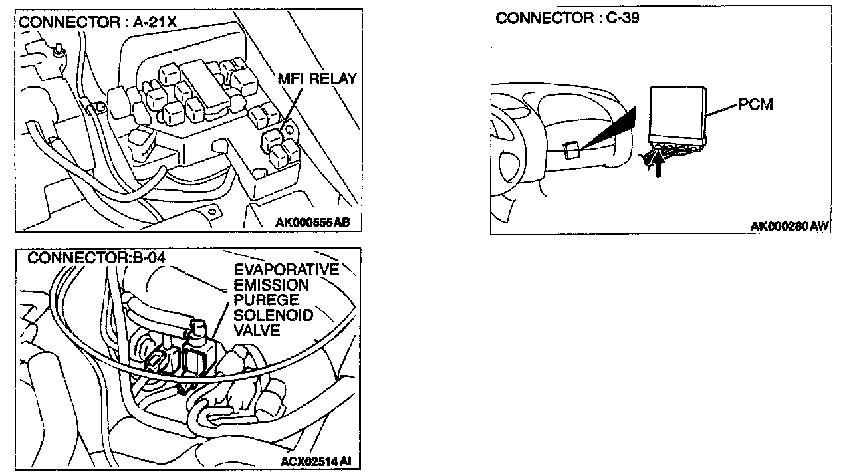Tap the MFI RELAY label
pyautogui.click(x=318, y=79)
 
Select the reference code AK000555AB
pyautogui.click(x=312, y=222)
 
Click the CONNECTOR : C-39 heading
pyautogui.click(x=567, y=19)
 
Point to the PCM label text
pyautogui.click(x=756, y=105)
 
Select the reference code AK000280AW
pyautogui.click(x=789, y=227)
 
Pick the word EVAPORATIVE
pyautogui.click(x=286, y=270)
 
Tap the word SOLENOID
pyautogui.click(x=273, y=315)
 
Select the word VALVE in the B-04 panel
pyautogui.click(x=257, y=330)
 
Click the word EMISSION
pyautogui.click(x=271, y=285)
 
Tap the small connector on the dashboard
pyautogui.click(x=570, y=150)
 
